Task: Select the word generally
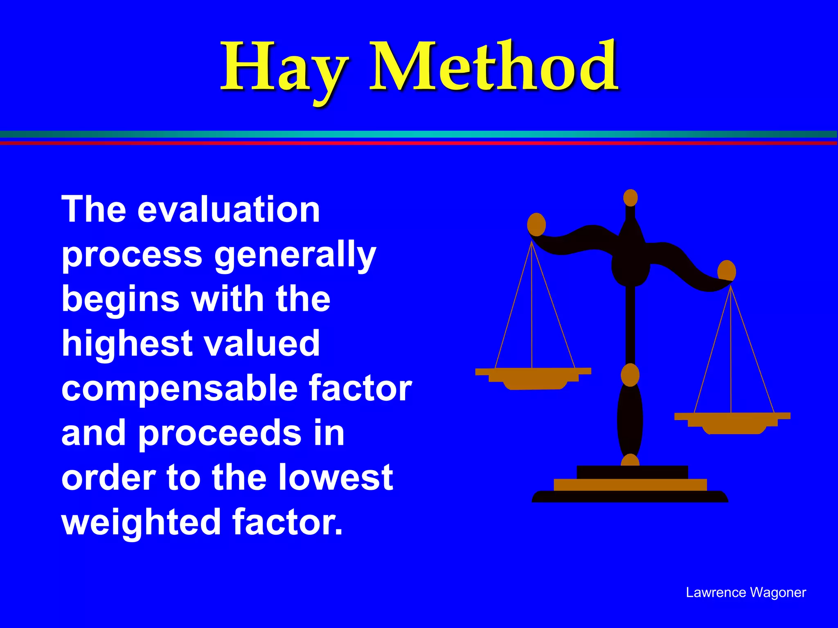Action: [295, 256]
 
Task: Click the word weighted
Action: [141, 523]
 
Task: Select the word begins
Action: [120, 299]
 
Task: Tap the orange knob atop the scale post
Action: [631, 198]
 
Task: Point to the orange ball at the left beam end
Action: [536, 224]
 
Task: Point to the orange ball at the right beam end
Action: [727, 271]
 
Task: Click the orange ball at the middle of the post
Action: [630, 375]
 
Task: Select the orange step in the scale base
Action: [630, 485]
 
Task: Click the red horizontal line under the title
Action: [419, 143]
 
